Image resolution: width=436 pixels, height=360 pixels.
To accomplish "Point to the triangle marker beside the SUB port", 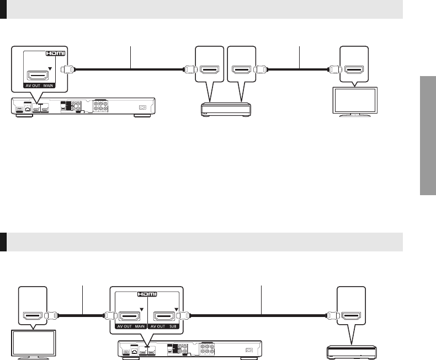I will click(x=176, y=309).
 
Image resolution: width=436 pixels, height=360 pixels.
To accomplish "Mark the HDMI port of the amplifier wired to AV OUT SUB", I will click(x=351, y=316).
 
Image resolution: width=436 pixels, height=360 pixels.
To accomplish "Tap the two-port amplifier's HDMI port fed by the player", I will click(x=210, y=70).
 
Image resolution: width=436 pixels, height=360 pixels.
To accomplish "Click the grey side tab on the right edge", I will click(x=427, y=135).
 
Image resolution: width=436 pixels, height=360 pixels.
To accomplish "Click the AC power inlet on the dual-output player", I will click(x=249, y=349).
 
